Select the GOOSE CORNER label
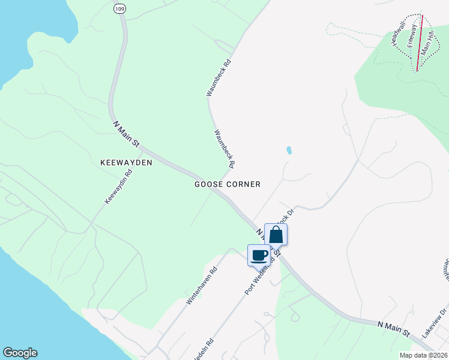tap(228, 184)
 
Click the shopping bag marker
tap(276, 234)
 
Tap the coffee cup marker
tap(259, 255)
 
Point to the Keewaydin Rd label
tap(118, 187)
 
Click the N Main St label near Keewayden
tap(127, 134)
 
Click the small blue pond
tap(289, 151)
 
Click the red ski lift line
tap(419, 42)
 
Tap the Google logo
tap(20, 353)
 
